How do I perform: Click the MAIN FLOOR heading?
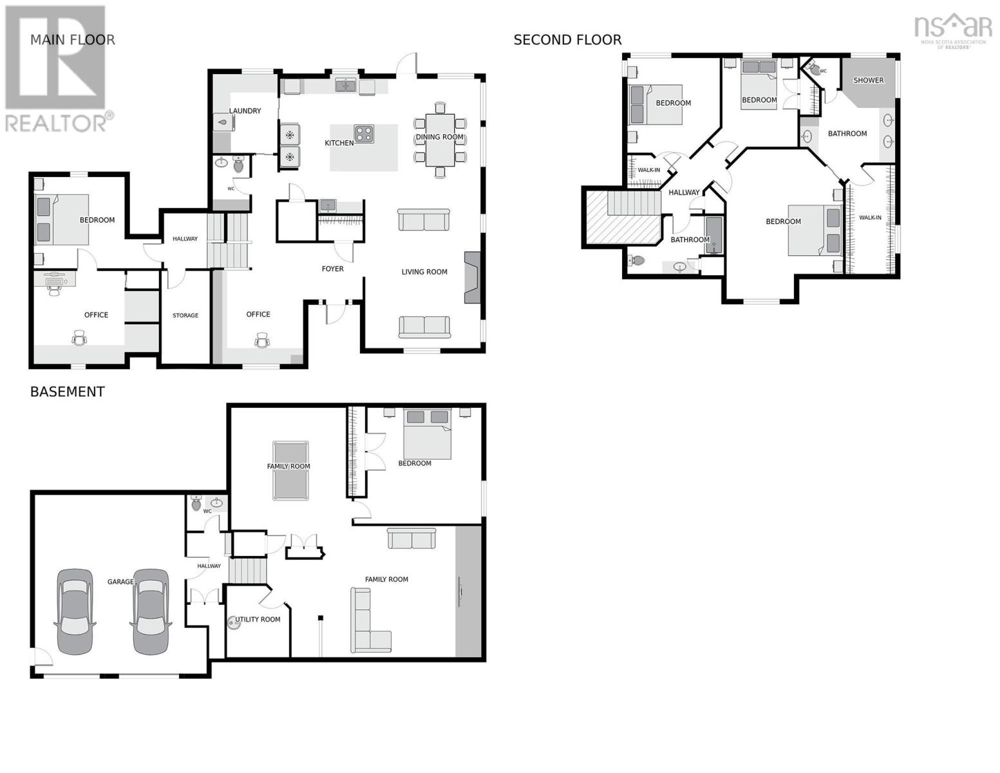tap(72, 40)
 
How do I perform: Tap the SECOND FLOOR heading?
tap(567, 40)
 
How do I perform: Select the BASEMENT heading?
tap(67, 392)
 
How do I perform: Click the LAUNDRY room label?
tap(245, 111)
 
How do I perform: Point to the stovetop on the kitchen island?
tap(363, 133)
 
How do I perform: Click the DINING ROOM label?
tap(439, 137)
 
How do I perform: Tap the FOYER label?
tap(332, 269)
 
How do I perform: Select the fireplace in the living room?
tap(472, 277)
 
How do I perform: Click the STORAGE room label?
tap(185, 316)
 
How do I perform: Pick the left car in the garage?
tap(75, 611)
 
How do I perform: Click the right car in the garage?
tap(151, 611)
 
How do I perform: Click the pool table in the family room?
tap(290, 470)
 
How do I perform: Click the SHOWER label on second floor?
tap(868, 81)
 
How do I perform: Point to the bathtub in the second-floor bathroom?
tap(713, 236)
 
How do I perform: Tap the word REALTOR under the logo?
tap(57, 123)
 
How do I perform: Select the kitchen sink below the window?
tap(346, 86)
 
